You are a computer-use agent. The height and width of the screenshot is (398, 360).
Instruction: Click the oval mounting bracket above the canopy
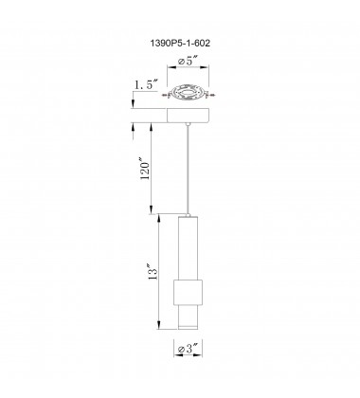[189, 94]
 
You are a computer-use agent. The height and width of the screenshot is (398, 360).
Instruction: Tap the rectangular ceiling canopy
[189, 115]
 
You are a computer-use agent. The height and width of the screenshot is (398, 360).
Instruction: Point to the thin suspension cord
[189, 166]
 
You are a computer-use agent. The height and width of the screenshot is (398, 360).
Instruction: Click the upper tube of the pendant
[189, 246]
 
